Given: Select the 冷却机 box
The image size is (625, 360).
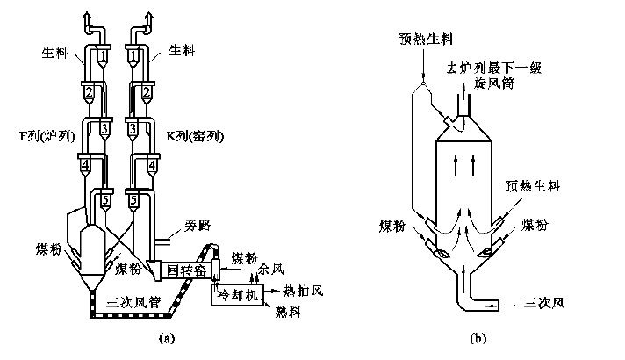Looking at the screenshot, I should (x=237, y=296).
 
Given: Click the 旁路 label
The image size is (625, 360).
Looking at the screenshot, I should (x=198, y=227).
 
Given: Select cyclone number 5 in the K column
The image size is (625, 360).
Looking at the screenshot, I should (x=134, y=201).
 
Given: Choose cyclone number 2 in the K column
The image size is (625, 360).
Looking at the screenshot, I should (x=134, y=92).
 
